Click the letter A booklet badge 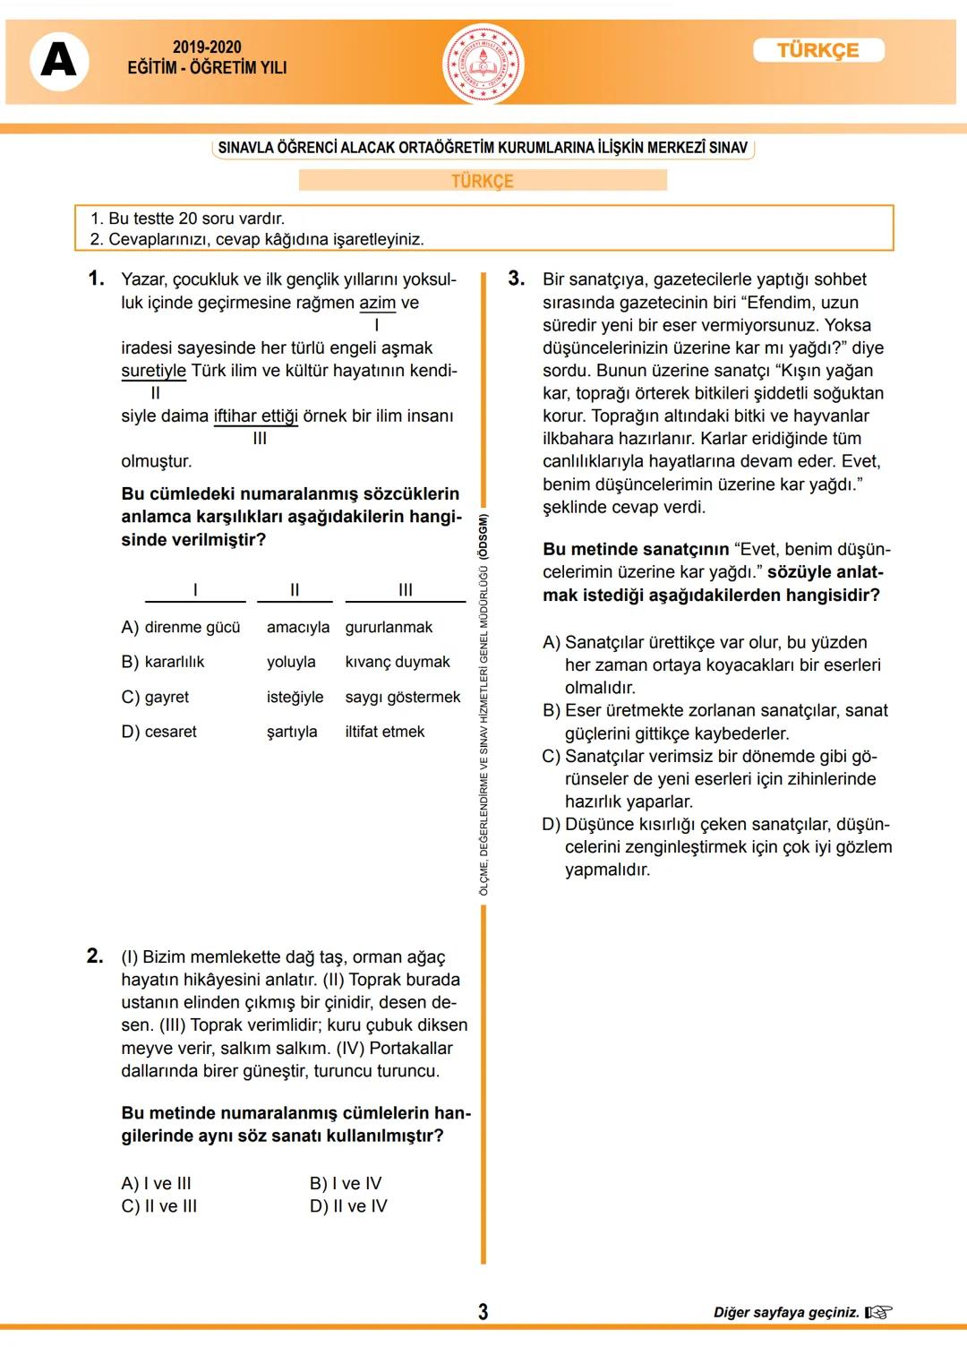[59, 61]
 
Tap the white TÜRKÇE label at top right [818, 50]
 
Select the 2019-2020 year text [207, 47]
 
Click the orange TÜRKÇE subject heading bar [483, 181]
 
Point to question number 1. [96, 279]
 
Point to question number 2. [95, 956]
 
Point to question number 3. [516, 279]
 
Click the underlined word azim [377, 303]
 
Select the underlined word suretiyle [154, 371]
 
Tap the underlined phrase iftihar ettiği [256, 416]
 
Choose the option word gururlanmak [389, 627]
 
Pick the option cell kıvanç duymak [398, 662]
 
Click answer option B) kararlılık [163, 662]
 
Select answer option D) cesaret [159, 732]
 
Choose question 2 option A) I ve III [157, 1183]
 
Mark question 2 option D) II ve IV [348, 1206]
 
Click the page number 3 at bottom [483, 1312]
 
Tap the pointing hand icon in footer [878, 1312]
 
